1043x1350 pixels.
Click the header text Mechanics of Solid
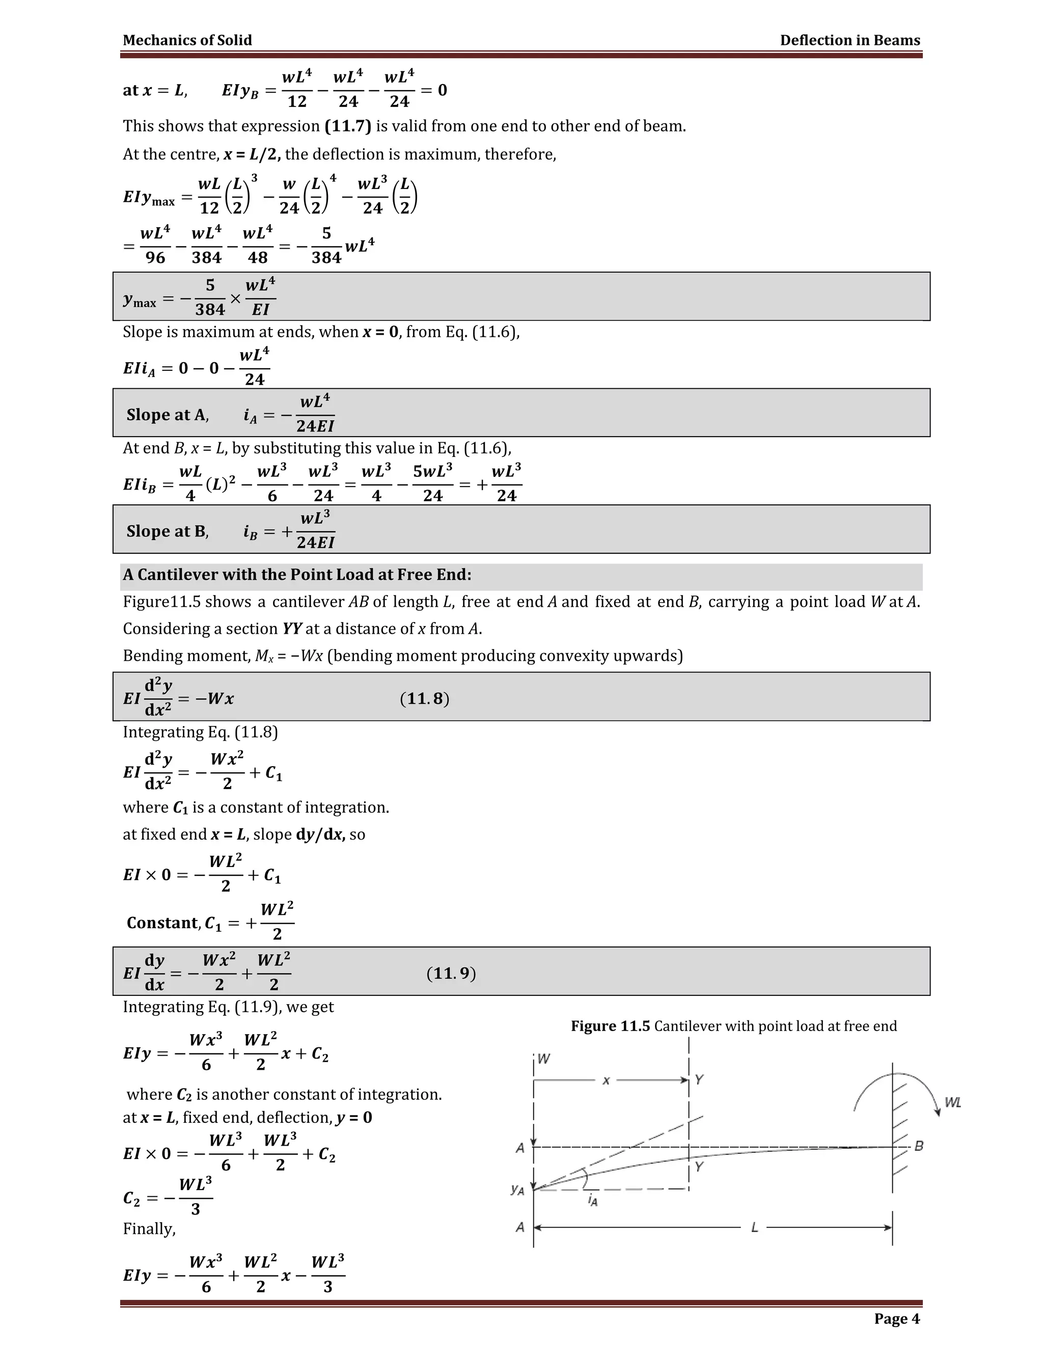[x=187, y=40]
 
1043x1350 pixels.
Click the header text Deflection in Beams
[x=849, y=40]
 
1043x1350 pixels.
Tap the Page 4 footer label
[x=896, y=1318]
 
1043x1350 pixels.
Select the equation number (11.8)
[x=425, y=698]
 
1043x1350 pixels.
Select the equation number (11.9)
[x=451, y=974]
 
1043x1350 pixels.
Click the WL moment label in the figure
[x=953, y=1103]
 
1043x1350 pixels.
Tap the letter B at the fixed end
[x=919, y=1146]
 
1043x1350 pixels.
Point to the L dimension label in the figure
[x=754, y=1228]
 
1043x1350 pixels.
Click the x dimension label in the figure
[x=606, y=1081]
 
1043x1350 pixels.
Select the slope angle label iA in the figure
[x=593, y=1200]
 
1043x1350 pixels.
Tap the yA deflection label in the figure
[x=518, y=1190]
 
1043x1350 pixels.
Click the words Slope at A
[x=167, y=415]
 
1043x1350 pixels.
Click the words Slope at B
[x=167, y=531]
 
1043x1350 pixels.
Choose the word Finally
[x=149, y=1229]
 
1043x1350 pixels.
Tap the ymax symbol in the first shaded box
[x=140, y=301]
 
